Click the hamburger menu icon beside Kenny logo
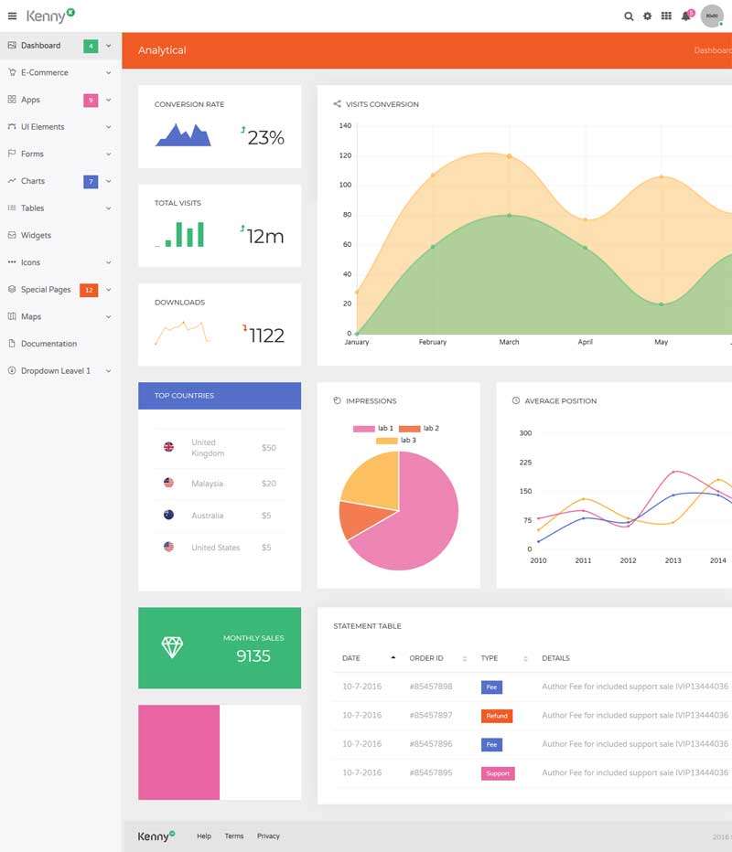(x=12, y=16)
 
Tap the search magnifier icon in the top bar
(x=629, y=16)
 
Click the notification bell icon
(x=685, y=16)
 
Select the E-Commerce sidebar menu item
(x=44, y=72)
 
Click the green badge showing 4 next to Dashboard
(x=91, y=46)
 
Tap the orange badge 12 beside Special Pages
(x=89, y=290)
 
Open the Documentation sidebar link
(x=48, y=344)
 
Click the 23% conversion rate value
(x=266, y=137)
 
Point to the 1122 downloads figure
(x=266, y=335)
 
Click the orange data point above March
(x=509, y=156)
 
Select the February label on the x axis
(x=433, y=342)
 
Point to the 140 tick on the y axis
(x=345, y=126)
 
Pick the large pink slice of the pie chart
(x=412, y=521)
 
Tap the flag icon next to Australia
(x=168, y=515)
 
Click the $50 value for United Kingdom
(x=268, y=448)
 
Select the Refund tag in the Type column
(x=497, y=716)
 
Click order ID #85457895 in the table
(x=430, y=772)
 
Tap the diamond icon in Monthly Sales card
(x=172, y=647)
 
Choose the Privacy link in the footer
(x=268, y=836)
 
